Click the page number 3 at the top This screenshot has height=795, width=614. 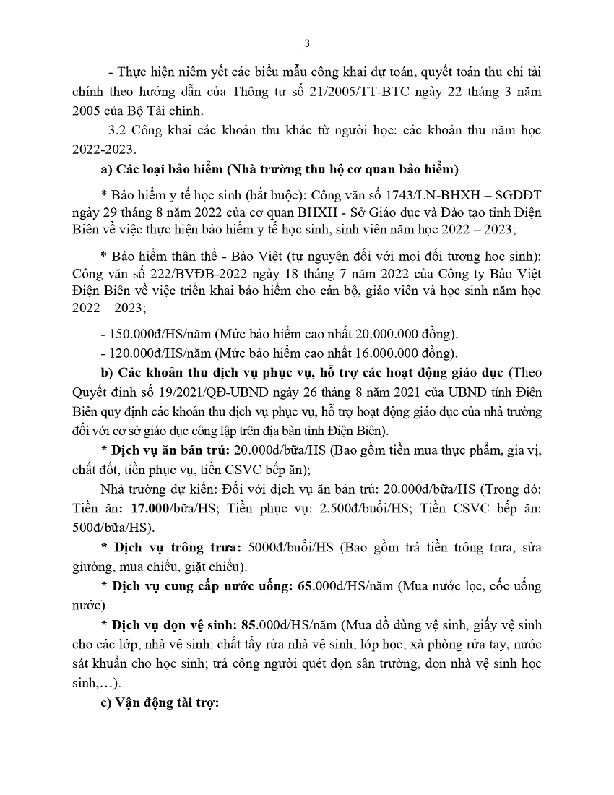(307, 43)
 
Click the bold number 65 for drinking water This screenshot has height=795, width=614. (306, 585)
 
